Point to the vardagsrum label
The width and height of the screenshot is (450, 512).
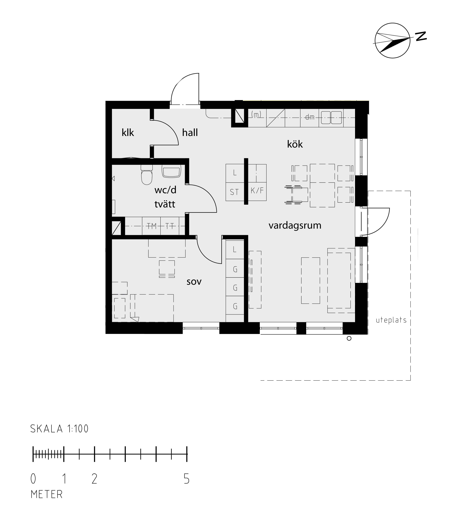click(x=295, y=225)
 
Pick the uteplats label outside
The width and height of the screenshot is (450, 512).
click(x=391, y=320)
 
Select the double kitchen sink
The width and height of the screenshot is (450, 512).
click(x=331, y=117)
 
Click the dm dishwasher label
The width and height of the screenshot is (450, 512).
click(x=310, y=117)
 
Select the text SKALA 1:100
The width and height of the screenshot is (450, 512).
click(x=59, y=429)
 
